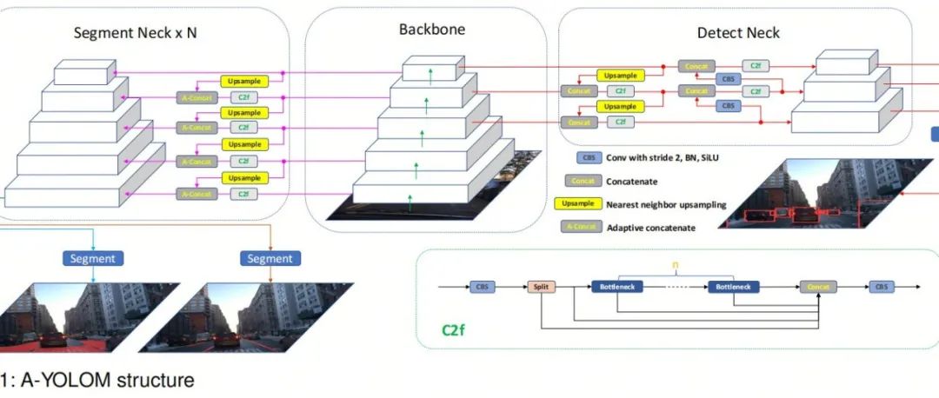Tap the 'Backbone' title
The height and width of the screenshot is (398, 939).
[x=432, y=29]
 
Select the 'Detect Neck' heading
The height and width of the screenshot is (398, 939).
[x=738, y=33]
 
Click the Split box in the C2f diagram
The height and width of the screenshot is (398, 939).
[x=539, y=286]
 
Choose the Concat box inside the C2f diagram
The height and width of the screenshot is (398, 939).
[x=818, y=286]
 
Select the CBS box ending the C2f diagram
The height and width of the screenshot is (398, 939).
[x=882, y=286]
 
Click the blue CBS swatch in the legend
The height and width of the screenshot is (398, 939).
[x=589, y=159]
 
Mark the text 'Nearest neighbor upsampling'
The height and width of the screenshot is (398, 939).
[x=666, y=204]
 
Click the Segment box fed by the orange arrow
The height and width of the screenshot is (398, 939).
[x=270, y=258]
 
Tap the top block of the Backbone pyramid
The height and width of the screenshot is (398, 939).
[x=430, y=69]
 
